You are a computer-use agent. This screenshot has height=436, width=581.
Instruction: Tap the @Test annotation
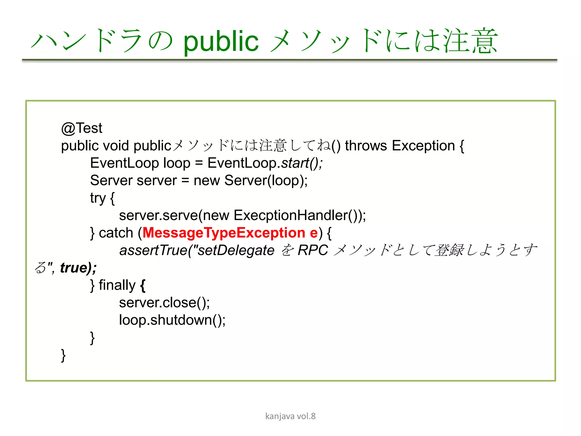[81, 128]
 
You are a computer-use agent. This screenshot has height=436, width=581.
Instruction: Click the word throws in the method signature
[366, 146]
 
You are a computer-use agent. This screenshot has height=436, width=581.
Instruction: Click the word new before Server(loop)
[207, 181]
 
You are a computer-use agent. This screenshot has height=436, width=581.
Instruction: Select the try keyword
[98, 198]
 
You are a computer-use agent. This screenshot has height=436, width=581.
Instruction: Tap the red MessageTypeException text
[224, 233]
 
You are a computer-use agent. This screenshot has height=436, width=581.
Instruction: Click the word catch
[116, 233]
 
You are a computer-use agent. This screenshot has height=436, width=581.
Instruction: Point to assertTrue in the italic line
[153, 250]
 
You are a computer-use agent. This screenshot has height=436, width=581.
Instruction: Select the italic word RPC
[313, 250]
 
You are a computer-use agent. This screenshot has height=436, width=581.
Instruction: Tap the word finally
[117, 285]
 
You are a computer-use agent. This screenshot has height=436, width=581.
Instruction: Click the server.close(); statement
[164, 303]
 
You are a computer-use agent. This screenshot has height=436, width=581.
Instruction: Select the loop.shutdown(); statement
[172, 320]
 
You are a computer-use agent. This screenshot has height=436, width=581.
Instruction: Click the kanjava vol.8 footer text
[290, 416]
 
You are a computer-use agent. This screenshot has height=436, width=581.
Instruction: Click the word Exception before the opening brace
[423, 146]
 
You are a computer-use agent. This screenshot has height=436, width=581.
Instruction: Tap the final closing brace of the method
[63, 355]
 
